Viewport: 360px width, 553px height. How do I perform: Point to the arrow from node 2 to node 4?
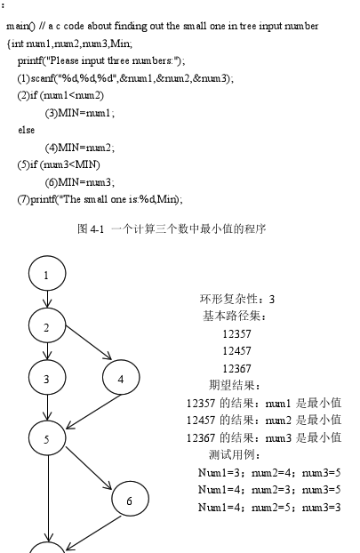click(89, 342)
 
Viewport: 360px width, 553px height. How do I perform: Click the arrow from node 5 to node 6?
click(89, 468)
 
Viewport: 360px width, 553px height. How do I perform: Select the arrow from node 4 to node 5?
click(93, 412)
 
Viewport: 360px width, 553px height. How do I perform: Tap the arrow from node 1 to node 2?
click(47, 299)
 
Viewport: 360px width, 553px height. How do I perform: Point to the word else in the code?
click(27, 130)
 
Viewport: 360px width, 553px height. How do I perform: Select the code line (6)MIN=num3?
click(80, 182)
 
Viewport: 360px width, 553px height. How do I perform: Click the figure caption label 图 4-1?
click(91, 229)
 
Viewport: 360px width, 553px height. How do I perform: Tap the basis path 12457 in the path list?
click(236, 351)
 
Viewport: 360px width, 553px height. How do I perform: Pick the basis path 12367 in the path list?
click(236, 369)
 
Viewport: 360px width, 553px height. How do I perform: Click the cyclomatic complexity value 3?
click(271, 300)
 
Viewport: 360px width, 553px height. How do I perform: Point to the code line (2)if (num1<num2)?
click(60, 96)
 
